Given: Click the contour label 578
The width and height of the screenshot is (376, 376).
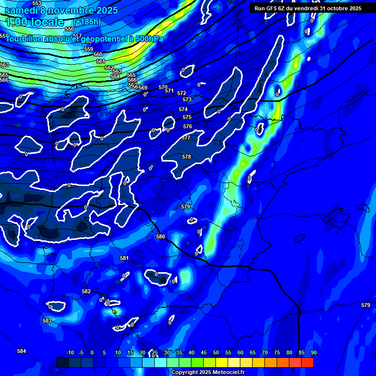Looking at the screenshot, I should coord(186,157).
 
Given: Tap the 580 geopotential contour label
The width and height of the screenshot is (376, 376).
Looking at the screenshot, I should coord(161,236).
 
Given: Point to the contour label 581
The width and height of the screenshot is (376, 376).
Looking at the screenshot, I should coord(124,258).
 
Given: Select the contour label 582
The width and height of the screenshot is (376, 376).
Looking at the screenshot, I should coord(86,291).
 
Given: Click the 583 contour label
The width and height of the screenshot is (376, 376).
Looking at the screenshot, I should coord(47,321).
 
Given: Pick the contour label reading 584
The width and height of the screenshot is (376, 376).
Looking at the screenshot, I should coord(22,351).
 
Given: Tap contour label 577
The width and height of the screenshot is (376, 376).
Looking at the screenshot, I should coord(186,138).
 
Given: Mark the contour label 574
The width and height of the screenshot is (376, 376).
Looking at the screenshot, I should coord(183,109).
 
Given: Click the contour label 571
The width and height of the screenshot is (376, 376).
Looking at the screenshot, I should coord(169,91).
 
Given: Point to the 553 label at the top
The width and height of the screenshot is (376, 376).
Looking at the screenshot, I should coord(37,3).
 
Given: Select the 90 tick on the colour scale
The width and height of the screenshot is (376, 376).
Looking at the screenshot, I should coord(313,352).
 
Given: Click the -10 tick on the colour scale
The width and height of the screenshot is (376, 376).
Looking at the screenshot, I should coord(70,352).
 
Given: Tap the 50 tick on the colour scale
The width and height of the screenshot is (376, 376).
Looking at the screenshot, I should coord(216,352).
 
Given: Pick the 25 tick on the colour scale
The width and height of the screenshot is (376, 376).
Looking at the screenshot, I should coord(155,352).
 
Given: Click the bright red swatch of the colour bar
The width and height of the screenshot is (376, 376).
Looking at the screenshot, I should coord(307,362).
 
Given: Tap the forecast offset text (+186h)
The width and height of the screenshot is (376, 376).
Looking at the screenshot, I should coord(87,22).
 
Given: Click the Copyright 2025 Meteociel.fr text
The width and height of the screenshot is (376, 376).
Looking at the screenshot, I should coord(208,372).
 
